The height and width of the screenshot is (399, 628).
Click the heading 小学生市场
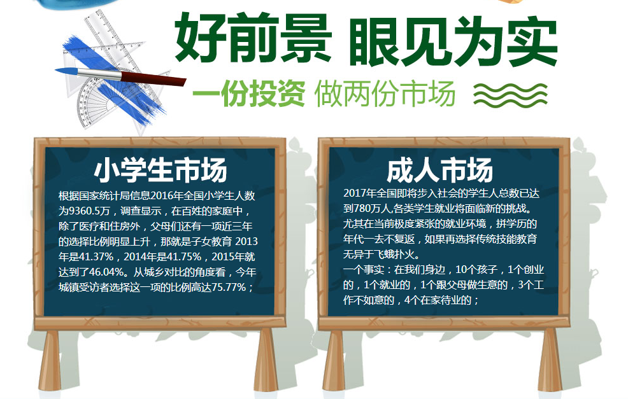(161, 170)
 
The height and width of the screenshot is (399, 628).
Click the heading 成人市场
(439, 170)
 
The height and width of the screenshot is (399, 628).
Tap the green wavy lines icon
(510, 95)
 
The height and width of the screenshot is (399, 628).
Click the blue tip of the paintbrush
(66, 72)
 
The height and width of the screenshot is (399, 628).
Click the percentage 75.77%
(229, 288)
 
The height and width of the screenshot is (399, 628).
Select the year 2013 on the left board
(246, 241)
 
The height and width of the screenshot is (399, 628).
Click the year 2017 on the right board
(355, 193)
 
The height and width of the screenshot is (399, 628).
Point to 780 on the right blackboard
(362, 209)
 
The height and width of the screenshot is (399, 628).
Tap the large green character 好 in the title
(200, 39)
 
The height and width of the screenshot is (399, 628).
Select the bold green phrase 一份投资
(249, 94)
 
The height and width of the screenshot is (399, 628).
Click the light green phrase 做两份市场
(385, 94)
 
